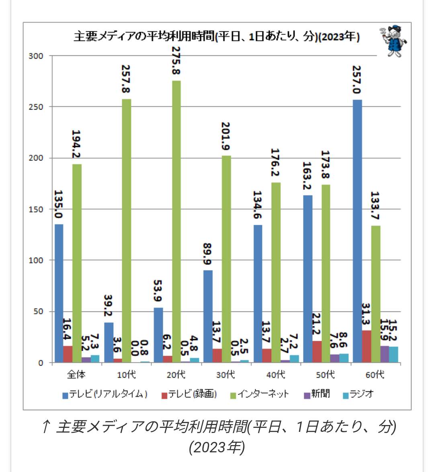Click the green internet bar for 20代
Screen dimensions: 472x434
(176, 221)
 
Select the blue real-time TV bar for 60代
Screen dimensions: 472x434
(357, 231)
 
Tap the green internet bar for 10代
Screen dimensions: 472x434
(126, 231)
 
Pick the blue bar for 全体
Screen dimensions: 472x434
(59, 293)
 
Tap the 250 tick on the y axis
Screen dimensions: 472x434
(35, 107)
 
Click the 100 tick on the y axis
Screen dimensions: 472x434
(35, 260)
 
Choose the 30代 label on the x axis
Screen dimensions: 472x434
(225, 374)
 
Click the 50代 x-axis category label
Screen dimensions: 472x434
(325, 374)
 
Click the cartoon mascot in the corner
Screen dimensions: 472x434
(393, 40)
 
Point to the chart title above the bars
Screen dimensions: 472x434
(216, 37)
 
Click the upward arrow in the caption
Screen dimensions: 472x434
(45, 426)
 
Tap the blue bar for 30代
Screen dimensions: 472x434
(208, 316)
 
